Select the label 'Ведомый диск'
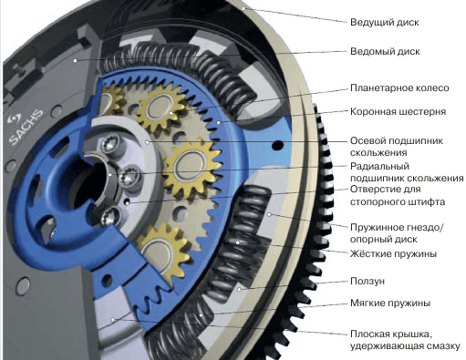tap(383, 53)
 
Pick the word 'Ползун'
tap(368, 283)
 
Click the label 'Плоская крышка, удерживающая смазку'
tap(400, 339)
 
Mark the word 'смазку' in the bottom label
tap(440, 345)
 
